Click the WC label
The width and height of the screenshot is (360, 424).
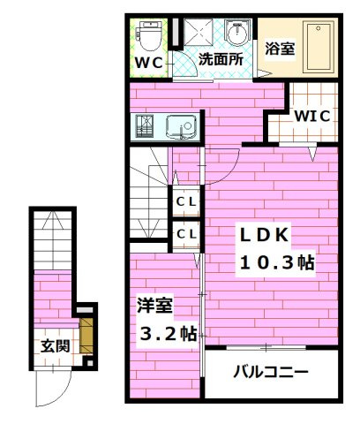[x=148, y=64]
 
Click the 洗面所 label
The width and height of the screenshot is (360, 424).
[x=220, y=61]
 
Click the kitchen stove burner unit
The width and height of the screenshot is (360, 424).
[x=146, y=128]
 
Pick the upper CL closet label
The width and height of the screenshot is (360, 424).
[x=185, y=201]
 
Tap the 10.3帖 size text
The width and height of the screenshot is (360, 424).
[x=276, y=262]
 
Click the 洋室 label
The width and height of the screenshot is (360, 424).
[x=155, y=306]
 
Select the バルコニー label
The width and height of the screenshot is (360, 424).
[x=270, y=372]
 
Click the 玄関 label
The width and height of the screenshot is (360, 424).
[x=52, y=345]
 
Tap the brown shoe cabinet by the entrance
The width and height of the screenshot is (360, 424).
[x=86, y=337]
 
